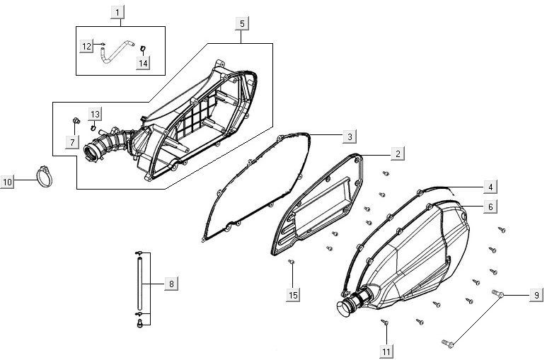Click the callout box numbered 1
pos(118,11)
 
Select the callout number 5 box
pos(242,23)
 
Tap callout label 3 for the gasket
pos(350,135)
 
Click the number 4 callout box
pos(489,187)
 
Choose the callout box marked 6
pos(489,207)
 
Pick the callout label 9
pos(536,295)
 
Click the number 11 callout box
pos(386,350)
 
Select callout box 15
pos(292,294)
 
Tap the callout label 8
pos(171,284)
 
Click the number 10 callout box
pos(8,182)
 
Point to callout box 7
pos(71,142)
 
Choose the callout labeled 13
pos(95,114)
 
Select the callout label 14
pos(143,63)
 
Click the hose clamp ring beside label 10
pos(46,174)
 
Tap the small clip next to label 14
pos(142,49)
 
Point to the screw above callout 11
pos(385,323)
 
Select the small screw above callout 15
pos(291,263)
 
